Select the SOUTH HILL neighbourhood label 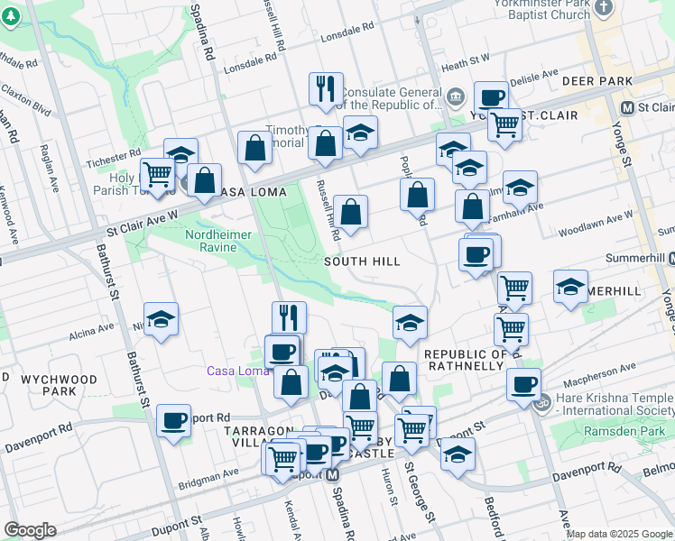362,261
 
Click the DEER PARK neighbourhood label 593,81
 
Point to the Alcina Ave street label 91,334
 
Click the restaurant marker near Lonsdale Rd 325,88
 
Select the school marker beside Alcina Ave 161,319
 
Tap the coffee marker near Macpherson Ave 523,385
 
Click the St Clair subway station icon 627,106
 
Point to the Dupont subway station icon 332,474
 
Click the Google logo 30,530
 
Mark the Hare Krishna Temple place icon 541,404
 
